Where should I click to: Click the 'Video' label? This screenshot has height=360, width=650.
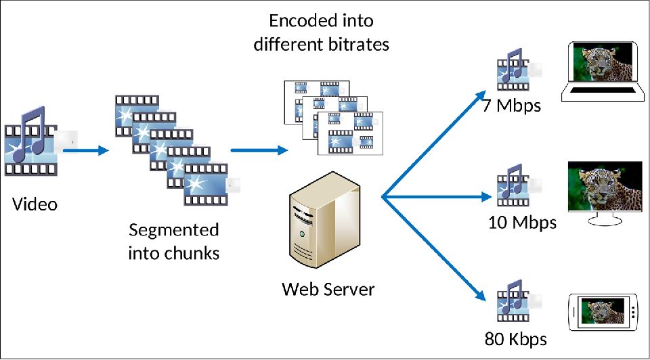point(35,204)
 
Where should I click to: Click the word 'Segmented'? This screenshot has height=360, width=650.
point(174,230)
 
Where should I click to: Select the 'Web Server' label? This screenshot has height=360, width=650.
point(328,290)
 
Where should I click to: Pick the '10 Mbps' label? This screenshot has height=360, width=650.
point(522,222)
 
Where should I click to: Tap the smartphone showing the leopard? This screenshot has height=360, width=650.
point(604,312)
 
